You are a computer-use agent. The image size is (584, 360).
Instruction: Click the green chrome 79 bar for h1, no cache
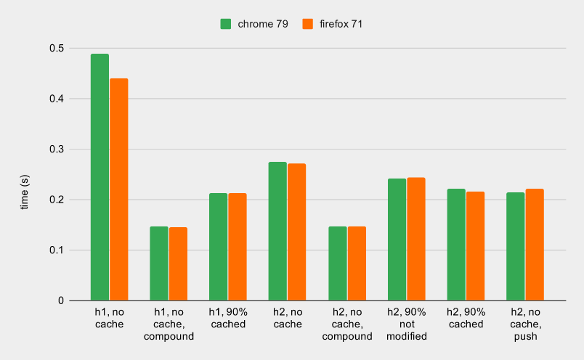click(x=100, y=177)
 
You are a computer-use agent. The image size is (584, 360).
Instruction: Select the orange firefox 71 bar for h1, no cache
click(x=118, y=189)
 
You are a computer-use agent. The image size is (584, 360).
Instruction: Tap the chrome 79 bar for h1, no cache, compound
click(x=159, y=263)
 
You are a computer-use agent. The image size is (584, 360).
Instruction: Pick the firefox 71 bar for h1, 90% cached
click(x=238, y=247)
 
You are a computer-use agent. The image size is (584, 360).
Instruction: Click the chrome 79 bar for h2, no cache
click(x=277, y=231)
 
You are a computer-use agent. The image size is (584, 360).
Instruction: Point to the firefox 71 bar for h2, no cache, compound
click(x=357, y=263)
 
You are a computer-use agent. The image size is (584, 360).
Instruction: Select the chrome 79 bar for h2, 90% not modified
click(x=397, y=240)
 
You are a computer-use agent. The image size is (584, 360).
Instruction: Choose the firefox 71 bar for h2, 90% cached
click(x=475, y=246)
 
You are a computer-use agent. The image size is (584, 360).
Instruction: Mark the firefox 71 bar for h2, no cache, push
click(x=535, y=245)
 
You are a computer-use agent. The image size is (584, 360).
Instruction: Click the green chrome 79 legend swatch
click(x=226, y=24)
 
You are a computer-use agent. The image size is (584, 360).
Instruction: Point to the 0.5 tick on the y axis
click(x=57, y=48)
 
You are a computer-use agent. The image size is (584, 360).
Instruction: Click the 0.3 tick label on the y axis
click(x=57, y=150)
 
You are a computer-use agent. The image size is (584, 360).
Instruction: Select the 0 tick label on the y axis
click(x=61, y=300)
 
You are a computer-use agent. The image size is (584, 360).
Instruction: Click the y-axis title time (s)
click(x=24, y=192)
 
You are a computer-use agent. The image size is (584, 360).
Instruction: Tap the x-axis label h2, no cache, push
click(x=526, y=324)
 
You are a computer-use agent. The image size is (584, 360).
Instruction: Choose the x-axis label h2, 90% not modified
click(x=407, y=324)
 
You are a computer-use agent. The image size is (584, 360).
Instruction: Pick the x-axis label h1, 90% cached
click(x=229, y=318)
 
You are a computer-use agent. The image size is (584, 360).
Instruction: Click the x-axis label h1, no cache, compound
click(x=169, y=324)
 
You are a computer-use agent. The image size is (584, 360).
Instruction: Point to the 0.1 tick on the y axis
click(x=57, y=250)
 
